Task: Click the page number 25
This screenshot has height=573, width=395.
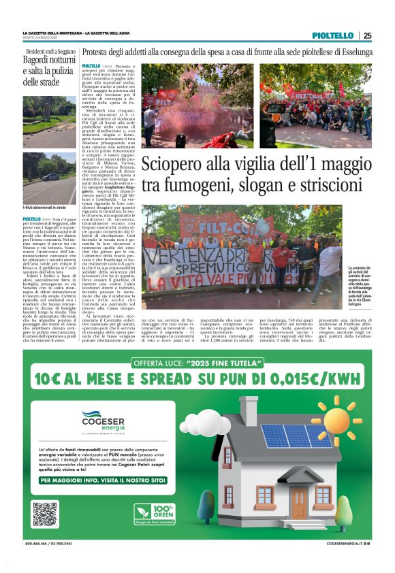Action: [x=367, y=35]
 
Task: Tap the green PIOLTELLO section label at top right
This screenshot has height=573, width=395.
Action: [x=333, y=35]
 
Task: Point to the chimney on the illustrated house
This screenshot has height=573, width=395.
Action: [x=248, y=410]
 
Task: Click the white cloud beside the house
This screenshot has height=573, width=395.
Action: [x=204, y=425]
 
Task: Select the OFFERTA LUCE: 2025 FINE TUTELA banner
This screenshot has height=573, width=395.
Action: [x=197, y=363]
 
